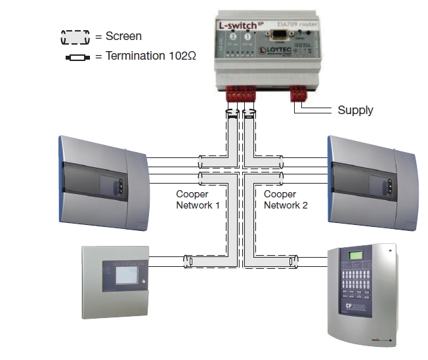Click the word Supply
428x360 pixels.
click(x=355, y=110)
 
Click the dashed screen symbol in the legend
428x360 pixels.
click(x=75, y=37)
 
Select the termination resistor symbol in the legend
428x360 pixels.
click(x=75, y=57)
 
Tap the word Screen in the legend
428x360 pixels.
click(x=123, y=37)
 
